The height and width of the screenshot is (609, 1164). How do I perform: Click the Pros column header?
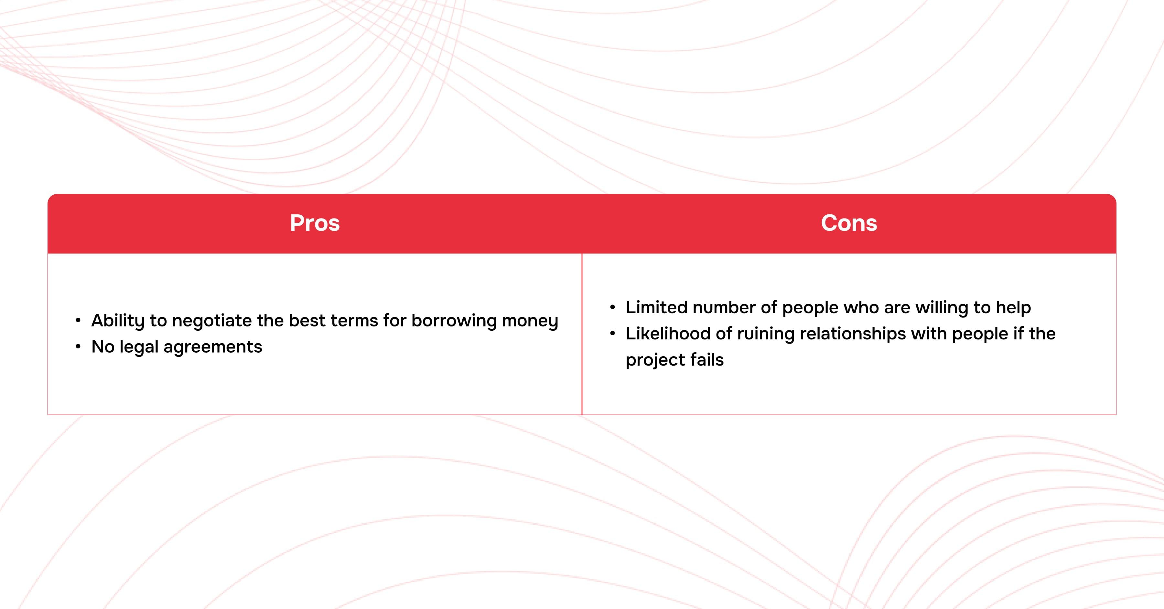pos(315,223)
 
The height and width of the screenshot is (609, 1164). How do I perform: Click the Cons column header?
pos(849,223)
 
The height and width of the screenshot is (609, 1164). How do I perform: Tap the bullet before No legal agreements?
pos(78,347)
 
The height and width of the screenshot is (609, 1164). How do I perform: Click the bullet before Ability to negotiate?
pos(78,321)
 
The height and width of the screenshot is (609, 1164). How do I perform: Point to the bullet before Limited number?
pos(613,308)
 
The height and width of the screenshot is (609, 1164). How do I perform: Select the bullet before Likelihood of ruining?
pos(613,334)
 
